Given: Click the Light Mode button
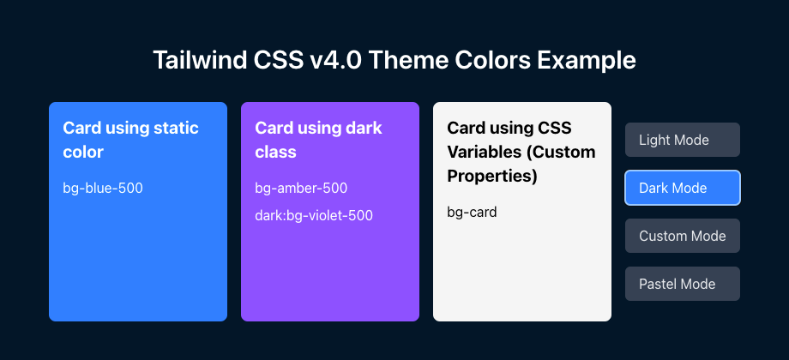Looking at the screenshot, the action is coord(683,140).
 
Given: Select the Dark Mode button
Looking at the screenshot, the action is coord(683,188).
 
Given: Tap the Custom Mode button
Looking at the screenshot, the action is coord(683,236).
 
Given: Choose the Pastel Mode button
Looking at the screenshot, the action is coord(683,284).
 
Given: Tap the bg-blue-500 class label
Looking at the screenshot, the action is coord(103,189).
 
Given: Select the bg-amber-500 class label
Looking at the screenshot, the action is coord(301,189).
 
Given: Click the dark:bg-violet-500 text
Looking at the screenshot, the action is coord(314,216).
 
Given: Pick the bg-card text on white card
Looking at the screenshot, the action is coord(472,213).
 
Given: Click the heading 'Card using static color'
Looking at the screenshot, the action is coord(131,140).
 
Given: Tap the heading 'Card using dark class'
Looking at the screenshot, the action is coord(318,140).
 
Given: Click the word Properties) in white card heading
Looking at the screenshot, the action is coord(492,177).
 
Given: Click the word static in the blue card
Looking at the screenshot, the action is coord(179,128).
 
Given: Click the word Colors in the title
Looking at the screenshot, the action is coord(491,60).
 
